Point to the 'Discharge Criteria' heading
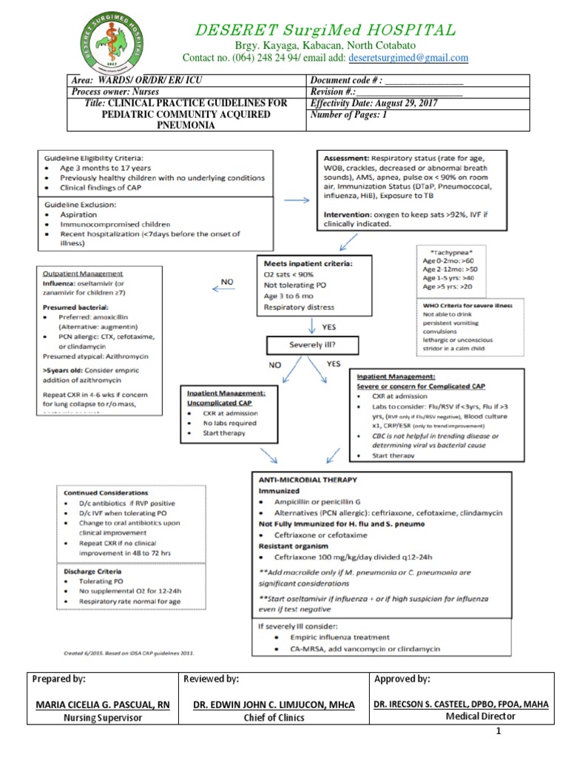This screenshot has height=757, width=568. [92, 571]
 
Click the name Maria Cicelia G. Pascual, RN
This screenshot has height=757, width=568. [103, 705]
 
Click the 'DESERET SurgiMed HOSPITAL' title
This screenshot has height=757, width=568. [325, 30]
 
